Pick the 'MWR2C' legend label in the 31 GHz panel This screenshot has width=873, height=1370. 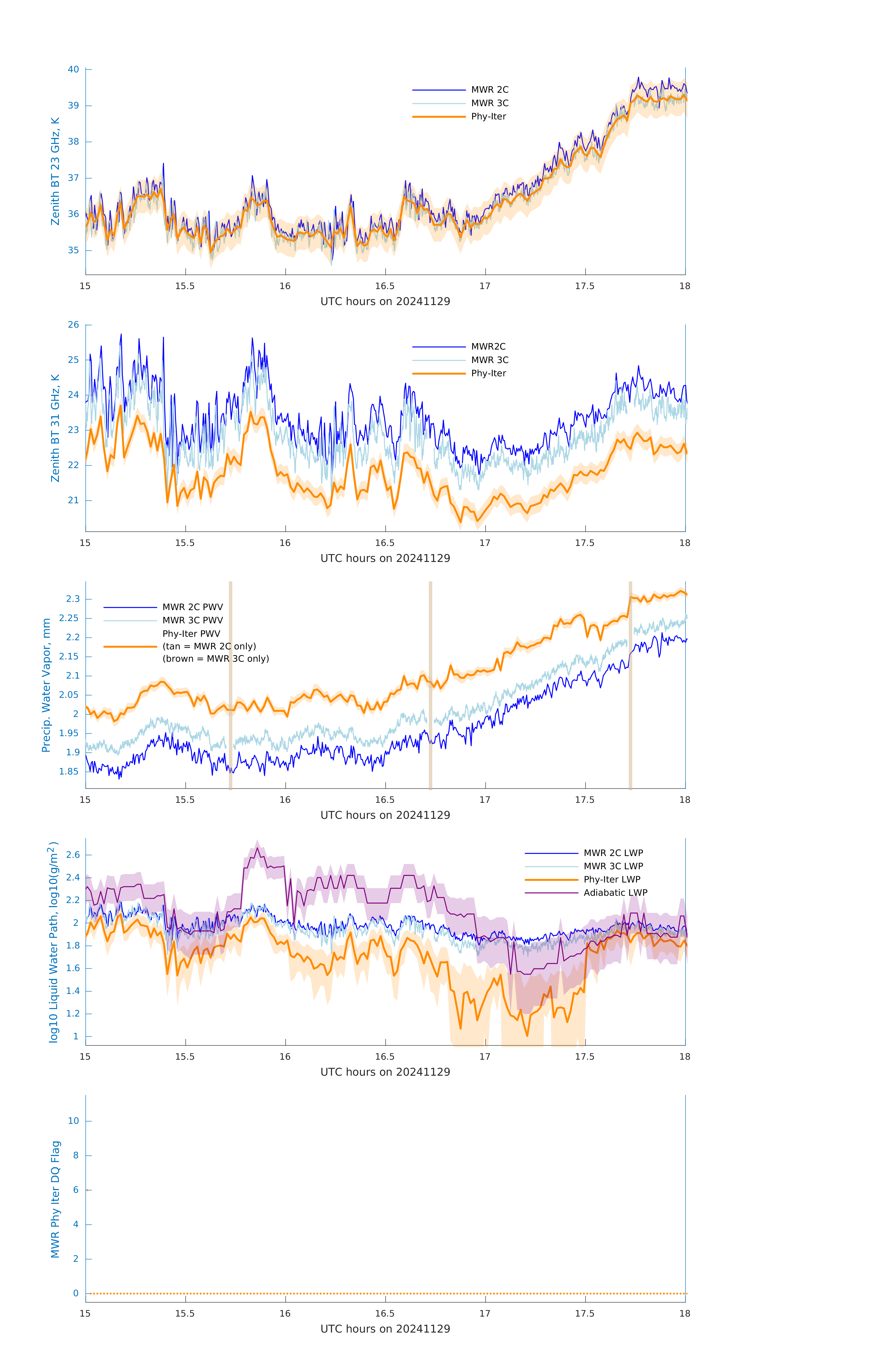tap(488, 346)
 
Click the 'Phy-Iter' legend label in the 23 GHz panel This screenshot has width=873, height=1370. tap(488, 117)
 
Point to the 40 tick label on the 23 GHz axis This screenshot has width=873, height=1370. tap(73, 69)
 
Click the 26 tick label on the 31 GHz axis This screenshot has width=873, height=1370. tap(73, 325)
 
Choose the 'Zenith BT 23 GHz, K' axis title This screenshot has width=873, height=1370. tap(55, 171)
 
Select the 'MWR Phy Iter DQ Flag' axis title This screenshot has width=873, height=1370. tap(55, 1199)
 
